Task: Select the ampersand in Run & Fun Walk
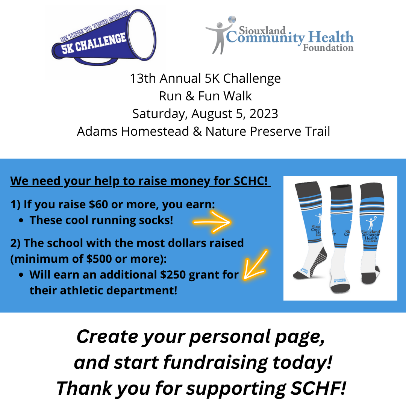pos(187,96)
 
